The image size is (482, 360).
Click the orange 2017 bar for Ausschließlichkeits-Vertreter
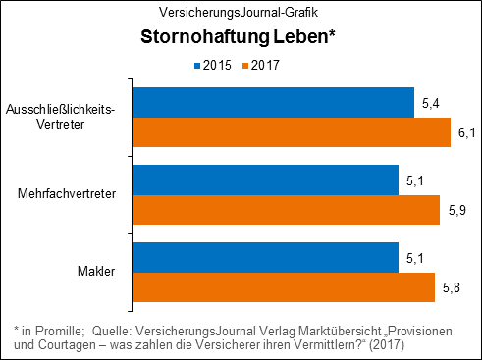pyautogui.click(x=291, y=132)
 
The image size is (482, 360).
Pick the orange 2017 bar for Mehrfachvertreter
pyautogui.click(x=286, y=209)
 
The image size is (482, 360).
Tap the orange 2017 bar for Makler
pyautogui.click(x=283, y=286)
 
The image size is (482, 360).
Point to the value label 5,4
pyautogui.click(x=429, y=103)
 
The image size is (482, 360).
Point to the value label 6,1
pyautogui.click(x=466, y=132)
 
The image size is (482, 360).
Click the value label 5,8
pyautogui.click(x=452, y=287)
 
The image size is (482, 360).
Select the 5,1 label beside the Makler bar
pyautogui.click(x=414, y=258)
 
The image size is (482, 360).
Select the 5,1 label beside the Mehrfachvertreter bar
pyautogui.click(x=414, y=180)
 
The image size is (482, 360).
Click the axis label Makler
pyautogui.click(x=95, y=272)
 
